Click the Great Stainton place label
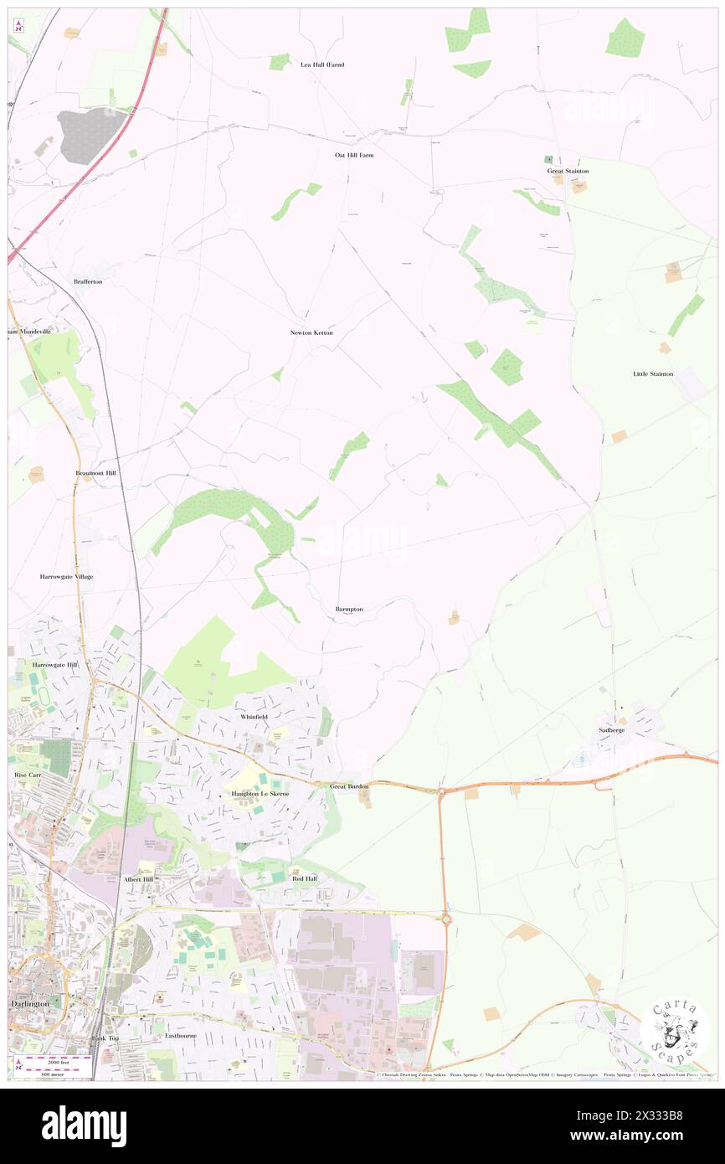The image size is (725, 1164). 568,171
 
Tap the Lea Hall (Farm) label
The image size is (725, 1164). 322,64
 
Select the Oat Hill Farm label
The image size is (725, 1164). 354,155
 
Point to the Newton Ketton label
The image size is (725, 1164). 311,332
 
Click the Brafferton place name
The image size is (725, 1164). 88,281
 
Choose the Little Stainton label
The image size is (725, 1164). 653,373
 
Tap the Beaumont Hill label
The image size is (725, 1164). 95,473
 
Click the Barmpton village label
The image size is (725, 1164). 349,609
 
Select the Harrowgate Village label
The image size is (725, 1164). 66,577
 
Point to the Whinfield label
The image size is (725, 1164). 254,718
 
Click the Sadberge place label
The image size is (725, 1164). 611,730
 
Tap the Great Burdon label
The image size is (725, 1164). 349,786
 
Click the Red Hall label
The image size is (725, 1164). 304,878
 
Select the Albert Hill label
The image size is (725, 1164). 138,880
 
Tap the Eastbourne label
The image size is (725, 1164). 180,1036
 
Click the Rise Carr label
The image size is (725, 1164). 28,775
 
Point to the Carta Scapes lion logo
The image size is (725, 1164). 675,1029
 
